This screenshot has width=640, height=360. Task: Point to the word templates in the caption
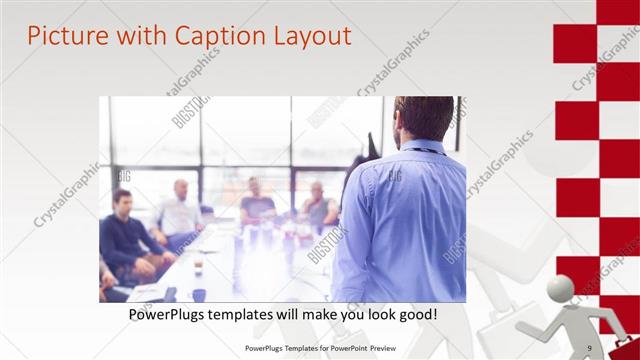pyautogui.click(x=253, y=314)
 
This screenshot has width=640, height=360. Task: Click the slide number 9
pyautogui.click(x=589, y=348)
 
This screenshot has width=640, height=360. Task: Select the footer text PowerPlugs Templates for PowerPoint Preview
pyautogui.click(x=321, y=348)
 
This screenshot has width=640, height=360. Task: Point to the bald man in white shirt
pyautogui.click(x=180, y=210)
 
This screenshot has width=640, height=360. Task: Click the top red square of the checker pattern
pyautogui.click(x=618, y=11)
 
